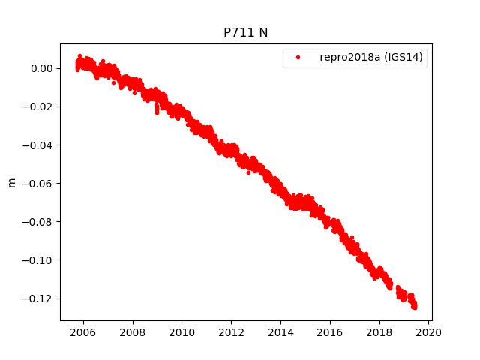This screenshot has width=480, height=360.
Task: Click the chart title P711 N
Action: [x=246, y=33]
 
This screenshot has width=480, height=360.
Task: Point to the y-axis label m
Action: [x=11, y=182]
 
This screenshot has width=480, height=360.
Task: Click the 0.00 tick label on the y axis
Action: [x=42, y=68]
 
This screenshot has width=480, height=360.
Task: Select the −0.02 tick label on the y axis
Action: [x=39, y=106]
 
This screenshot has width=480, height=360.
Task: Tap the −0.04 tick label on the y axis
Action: [x=39, y=145]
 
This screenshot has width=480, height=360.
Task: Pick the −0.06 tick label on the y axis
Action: [x=39, y=183]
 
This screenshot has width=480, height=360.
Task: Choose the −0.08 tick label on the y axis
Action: [x=39, y=221]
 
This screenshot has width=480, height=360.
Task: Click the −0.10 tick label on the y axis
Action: [x=39, y=260]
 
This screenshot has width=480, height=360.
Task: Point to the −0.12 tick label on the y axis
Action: [x=39, y=298]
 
